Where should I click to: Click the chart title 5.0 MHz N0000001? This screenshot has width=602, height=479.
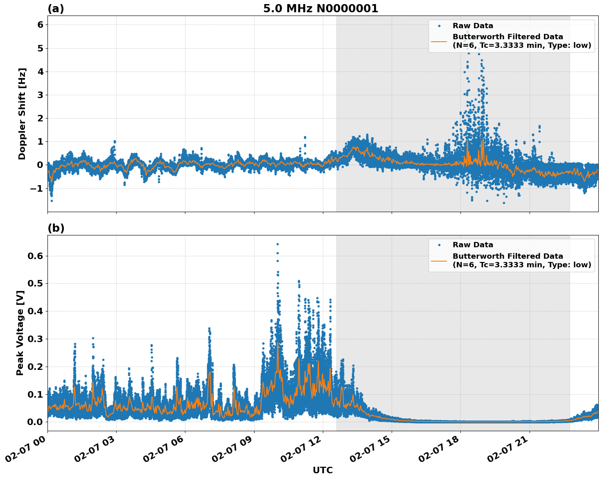tap(320, 9)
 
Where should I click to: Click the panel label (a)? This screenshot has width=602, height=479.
tap(56, 9)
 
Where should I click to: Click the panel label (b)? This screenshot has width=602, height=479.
tap(56, 228)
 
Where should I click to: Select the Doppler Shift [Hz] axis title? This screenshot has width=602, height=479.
tap(22, 114)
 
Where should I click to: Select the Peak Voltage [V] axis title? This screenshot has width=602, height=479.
tap(20, 333)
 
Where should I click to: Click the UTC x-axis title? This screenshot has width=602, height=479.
tap(322, 470)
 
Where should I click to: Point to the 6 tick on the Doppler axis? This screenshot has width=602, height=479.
tap(40, 25)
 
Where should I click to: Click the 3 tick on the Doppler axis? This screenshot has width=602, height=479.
tap(40, 95)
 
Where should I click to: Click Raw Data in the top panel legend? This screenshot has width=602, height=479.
tap(473, 26)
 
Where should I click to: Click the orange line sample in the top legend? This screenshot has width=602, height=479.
tap(439, 41)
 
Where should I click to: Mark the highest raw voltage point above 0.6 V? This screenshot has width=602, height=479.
tap(277, 244)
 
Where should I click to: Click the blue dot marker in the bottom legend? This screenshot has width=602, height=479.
tap(439, 245)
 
